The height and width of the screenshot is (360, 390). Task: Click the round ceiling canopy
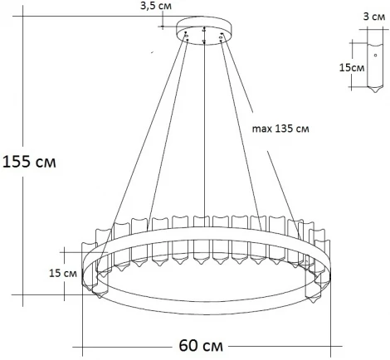[205, 32]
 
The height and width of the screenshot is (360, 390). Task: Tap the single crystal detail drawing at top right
[371, 63]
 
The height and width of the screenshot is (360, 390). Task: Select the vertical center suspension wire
[205, 133]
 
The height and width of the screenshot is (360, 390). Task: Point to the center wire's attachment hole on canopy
[205, 39]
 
